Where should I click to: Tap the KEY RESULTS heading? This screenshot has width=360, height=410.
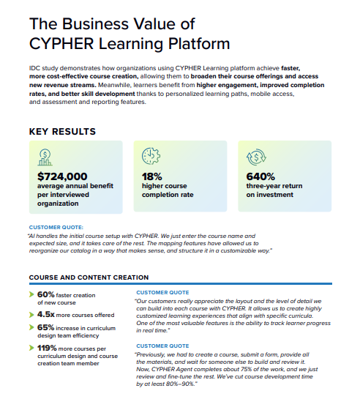[62, 132]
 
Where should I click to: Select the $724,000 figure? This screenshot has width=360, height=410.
[62, 176]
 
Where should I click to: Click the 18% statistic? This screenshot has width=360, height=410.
[151, 176]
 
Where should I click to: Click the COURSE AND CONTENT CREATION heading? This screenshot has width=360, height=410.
[89, 277]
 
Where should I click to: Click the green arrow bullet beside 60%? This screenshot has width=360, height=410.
[31, 294]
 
